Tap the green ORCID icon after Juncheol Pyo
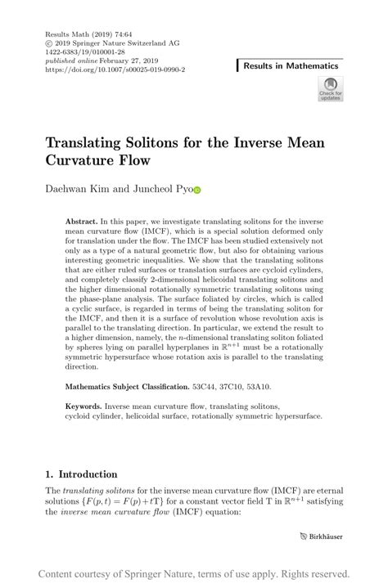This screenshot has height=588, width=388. [196, 191]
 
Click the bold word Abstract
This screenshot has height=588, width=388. [81, 222]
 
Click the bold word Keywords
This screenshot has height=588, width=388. [85, 406]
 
